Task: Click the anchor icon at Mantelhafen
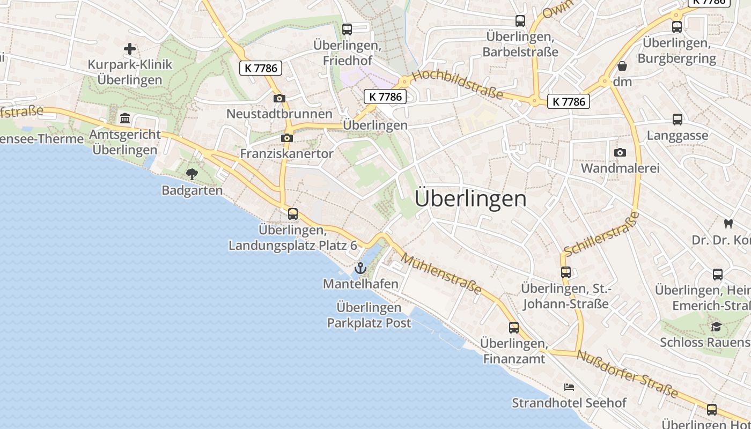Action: (x=360, y=268)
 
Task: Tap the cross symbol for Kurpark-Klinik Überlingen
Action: (x=130, y=49)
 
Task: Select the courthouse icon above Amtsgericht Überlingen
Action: (x=125, y=118)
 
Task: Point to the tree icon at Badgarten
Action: (x=192, y=174)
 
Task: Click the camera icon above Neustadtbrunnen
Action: (x=279, y=98)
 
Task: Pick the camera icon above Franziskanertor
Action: (x=287, y=138)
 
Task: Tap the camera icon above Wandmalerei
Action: (x=620, y=152)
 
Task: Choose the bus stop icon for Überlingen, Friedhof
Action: (x=347, y=29)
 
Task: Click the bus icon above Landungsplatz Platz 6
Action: (x=293, y=214)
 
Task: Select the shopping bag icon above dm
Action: (x=622, y=66)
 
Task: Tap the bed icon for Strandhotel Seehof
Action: (x=569, y=387)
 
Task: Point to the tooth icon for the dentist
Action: (x=728, y=224)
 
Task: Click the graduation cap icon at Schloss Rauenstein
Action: (x=716, y=327)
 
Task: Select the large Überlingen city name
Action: (x=470, y=199)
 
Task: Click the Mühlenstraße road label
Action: (x=441, y=274)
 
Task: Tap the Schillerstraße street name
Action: (x=602, y=234)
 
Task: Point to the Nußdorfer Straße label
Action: (x=627, y=374)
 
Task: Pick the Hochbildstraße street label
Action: (x=458, y=84)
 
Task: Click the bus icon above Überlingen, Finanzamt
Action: (x=514, y=328)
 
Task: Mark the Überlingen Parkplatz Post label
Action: (x=369, y=315)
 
